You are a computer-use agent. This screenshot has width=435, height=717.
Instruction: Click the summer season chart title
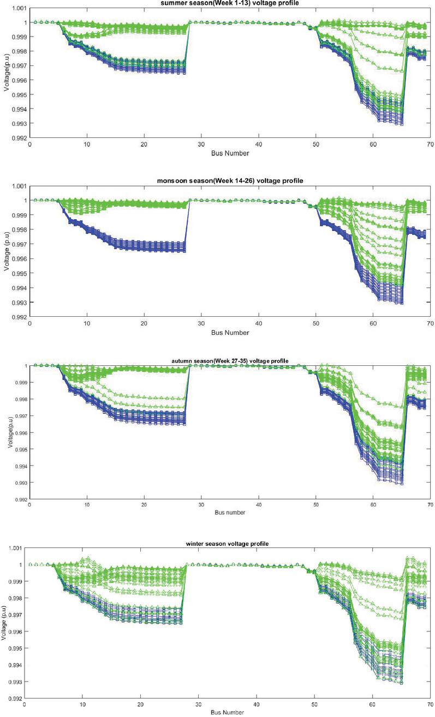tap(230, 2)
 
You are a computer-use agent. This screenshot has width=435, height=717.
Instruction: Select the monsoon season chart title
tap(229, 180)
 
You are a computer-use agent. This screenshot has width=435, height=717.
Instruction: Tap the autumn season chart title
tap(229, 360)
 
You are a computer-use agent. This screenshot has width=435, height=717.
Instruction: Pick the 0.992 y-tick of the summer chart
tap(19, 138)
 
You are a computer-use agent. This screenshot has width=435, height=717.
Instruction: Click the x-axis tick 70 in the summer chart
tap(430, 144)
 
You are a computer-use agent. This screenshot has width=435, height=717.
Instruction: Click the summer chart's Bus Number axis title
tap(230, 153)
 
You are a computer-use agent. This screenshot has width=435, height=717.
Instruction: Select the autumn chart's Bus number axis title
tap(229, 513)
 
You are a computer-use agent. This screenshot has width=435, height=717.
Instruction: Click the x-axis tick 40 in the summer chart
tap(259, 144)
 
